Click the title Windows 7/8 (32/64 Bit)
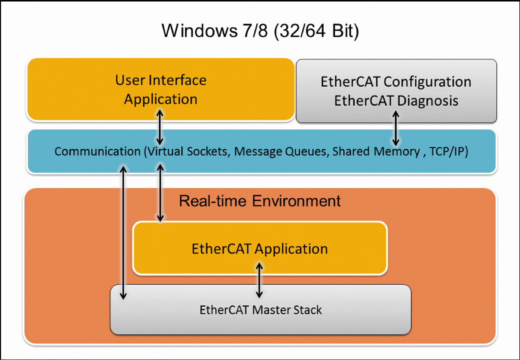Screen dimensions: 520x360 (260, 31)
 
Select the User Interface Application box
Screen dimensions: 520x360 (161, 89)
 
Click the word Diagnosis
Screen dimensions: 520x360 (428, 101)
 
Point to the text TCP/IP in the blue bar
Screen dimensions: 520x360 (449, 151)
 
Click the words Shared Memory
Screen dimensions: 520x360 (376, 151)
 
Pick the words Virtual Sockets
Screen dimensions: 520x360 (187, 151)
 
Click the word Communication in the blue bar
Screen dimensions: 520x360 (97, 151)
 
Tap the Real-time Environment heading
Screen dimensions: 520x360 (260, 201)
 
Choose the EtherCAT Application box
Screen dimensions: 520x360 (260, 248)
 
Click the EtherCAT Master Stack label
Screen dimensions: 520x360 (261, 310)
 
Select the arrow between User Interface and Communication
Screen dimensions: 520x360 (160, 128)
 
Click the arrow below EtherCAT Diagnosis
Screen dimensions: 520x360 (395, 129)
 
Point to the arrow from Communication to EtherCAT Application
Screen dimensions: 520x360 (160, 192)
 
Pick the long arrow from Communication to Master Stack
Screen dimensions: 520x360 (123, 232)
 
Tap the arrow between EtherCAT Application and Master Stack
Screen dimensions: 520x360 (259, 281)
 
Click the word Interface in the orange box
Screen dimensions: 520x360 (178, 80)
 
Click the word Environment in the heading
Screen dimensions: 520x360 (296, 201)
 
